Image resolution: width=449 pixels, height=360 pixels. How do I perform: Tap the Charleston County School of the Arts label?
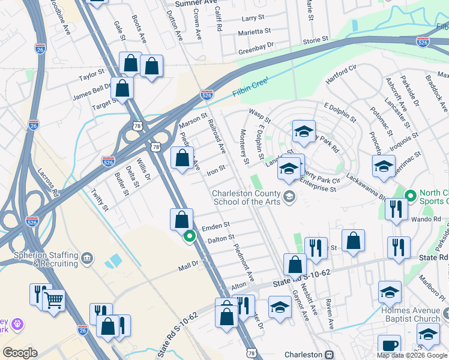coord(247,197)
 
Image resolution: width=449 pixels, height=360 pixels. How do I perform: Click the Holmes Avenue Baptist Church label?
coord(410,314)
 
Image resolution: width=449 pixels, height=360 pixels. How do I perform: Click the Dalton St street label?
coord(220,238)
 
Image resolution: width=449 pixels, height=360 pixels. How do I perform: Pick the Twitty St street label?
coord(99,200)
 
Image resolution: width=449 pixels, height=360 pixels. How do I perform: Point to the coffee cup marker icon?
coord(389,346)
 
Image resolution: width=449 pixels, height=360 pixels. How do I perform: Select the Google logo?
coord(20,353)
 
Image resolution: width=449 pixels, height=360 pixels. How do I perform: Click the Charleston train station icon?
coord(329,354)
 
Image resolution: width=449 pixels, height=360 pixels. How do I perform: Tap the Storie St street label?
coord(316,40)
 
